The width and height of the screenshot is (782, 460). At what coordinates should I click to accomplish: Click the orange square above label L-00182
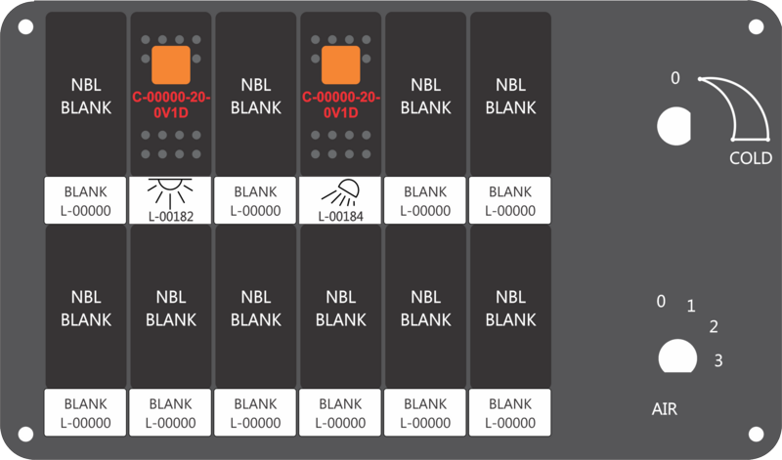(170, 64)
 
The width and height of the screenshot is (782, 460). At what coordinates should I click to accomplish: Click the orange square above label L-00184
(340, 64)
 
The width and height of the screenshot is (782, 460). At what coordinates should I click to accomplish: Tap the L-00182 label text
(170, 216)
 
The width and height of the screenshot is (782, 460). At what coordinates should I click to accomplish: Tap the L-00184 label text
(340, 216)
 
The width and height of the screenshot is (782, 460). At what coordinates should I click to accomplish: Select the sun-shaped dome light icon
(170, 193)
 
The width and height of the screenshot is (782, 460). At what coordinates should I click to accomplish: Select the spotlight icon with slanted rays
(340, 192)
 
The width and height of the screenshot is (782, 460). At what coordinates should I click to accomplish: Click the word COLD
(751, 158)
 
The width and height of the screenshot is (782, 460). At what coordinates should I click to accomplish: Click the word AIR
(665, 409)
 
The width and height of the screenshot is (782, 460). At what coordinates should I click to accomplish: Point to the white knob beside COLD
(673, 126)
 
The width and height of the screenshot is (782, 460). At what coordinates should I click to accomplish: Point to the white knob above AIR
(677, 356)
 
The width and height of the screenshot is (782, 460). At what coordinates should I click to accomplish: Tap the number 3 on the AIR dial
(718, 360)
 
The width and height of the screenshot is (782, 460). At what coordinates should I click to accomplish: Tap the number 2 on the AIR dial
(714, 326)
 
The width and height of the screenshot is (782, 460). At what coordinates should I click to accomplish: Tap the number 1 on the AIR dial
(691, 306)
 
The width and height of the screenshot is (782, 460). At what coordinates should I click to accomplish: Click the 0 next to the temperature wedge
(675, 78)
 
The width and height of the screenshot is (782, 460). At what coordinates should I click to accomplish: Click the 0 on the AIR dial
(661, 301)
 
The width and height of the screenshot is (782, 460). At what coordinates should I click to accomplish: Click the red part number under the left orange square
(170, 105)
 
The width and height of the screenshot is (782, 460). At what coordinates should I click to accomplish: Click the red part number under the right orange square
(340, 105)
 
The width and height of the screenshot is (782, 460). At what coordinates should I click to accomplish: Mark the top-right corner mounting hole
(756, 27)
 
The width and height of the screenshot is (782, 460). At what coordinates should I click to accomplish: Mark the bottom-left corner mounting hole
(26, 434)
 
